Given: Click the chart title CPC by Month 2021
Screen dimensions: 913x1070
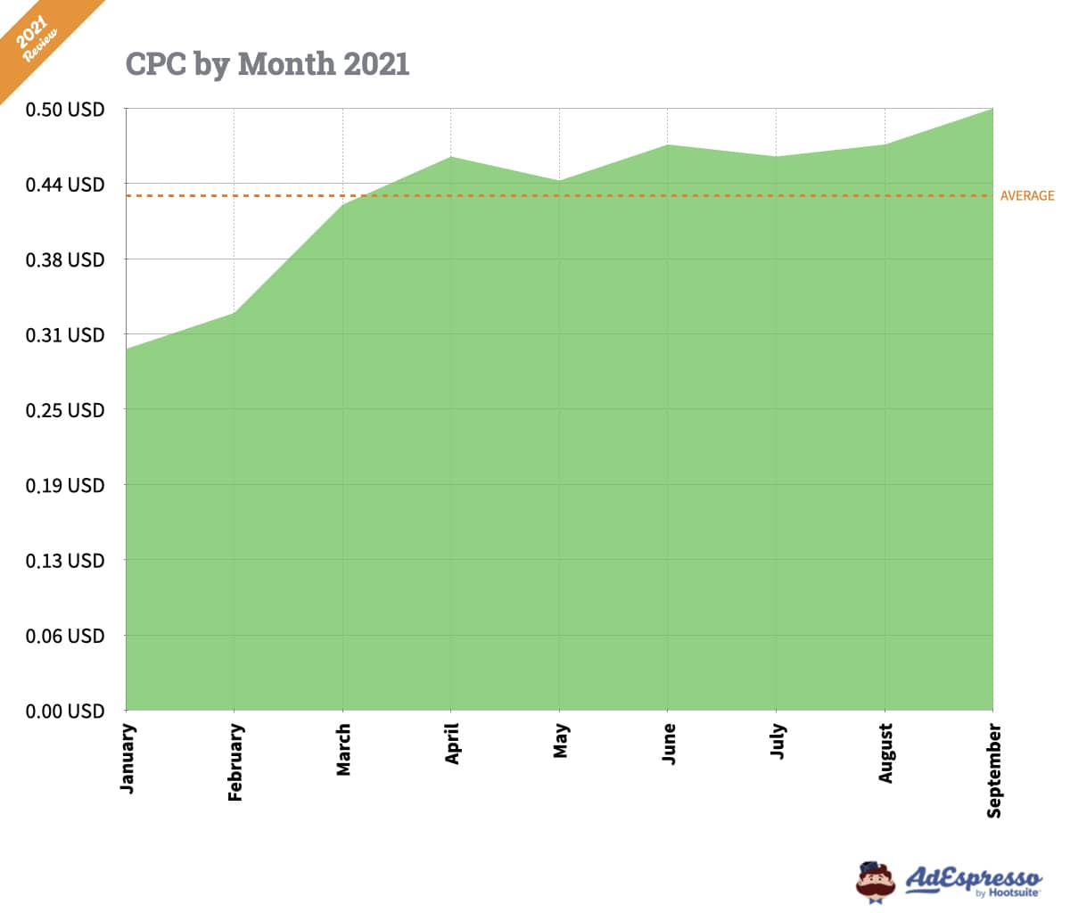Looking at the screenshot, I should (267, 64).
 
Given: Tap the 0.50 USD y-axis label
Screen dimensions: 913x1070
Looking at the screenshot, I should (64, 110).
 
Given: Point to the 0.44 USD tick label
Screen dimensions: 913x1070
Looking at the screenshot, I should (64, 185).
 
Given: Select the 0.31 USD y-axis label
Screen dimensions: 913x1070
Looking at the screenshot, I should (64, 335).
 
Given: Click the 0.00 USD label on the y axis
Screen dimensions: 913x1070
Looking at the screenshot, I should (64, 711).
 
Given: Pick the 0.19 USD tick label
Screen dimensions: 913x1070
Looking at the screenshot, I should (64, 486).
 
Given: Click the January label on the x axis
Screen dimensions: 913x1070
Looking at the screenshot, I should (128, 758).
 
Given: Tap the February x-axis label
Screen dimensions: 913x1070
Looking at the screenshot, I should (235, 762).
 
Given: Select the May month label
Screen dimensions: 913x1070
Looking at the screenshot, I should (560, 741).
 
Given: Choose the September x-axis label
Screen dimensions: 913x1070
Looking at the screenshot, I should (994, 770).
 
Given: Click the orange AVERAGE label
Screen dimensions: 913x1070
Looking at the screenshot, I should (1026, 196).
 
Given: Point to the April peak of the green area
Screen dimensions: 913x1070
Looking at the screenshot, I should (451, 157).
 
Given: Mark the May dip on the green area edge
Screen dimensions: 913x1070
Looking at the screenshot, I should (559, 181).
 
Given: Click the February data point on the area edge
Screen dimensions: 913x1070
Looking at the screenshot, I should (235, 312).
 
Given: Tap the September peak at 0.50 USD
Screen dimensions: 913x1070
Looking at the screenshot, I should (992, 110).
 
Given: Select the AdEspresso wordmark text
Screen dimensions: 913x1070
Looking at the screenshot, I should (973, 878).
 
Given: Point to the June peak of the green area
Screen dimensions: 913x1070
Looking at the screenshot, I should (668, 144).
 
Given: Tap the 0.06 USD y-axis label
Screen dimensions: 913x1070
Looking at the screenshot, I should (64, 637).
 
